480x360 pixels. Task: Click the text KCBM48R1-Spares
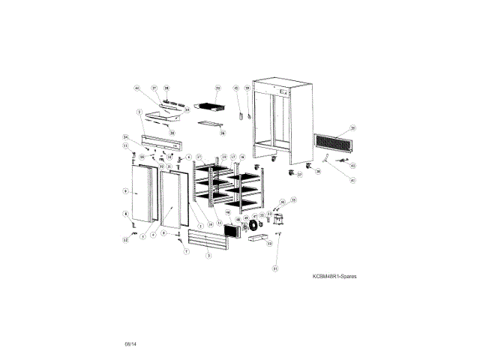334,276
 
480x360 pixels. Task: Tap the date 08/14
131,343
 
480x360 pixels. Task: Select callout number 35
353,128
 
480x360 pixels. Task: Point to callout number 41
353,180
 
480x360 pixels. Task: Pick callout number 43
352,164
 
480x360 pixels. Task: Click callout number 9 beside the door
125,192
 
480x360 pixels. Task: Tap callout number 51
275,268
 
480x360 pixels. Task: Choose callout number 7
185,252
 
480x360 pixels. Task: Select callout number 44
137,88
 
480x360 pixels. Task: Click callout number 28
166,88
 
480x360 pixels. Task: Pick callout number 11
125,145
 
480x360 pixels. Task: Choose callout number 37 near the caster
298,175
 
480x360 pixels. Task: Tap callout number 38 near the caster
317,172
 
